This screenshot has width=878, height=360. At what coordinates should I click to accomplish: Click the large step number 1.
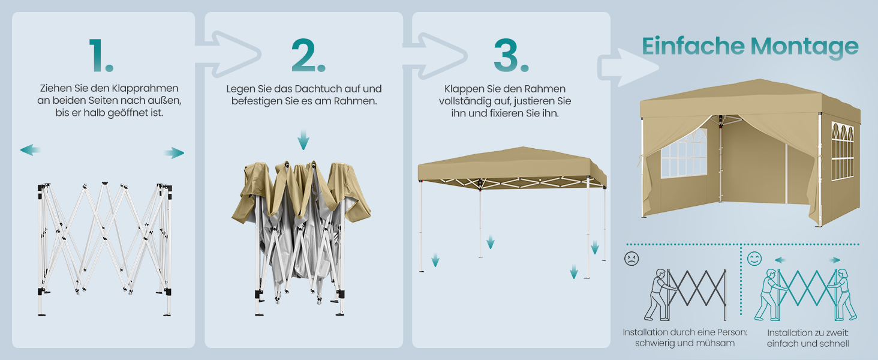(101, 55)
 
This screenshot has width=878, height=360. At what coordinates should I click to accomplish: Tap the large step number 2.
(308, 55)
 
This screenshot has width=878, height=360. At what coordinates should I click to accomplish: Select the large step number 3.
(511, 55)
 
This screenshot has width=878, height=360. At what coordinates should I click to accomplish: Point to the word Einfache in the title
(693, 46)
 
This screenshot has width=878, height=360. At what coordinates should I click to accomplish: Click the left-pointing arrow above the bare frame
(30, 150)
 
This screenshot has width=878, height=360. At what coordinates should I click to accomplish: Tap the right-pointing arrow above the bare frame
(175, 152)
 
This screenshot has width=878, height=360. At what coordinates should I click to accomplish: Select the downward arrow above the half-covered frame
(303, 140)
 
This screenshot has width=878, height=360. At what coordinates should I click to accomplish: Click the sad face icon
(631, 259)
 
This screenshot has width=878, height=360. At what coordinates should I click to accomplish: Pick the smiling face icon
(754, 259)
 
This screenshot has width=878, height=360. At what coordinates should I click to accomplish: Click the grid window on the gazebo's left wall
(684, 154)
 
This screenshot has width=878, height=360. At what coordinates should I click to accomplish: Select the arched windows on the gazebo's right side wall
(843, 151)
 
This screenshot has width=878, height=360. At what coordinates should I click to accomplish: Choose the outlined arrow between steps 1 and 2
(228, 54)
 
